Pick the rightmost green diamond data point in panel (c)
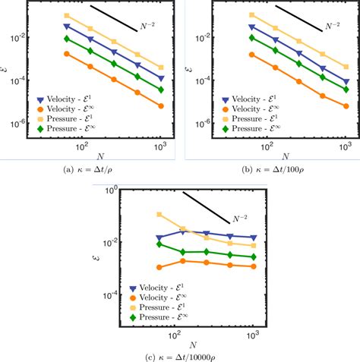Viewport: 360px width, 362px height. (253, 257)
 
